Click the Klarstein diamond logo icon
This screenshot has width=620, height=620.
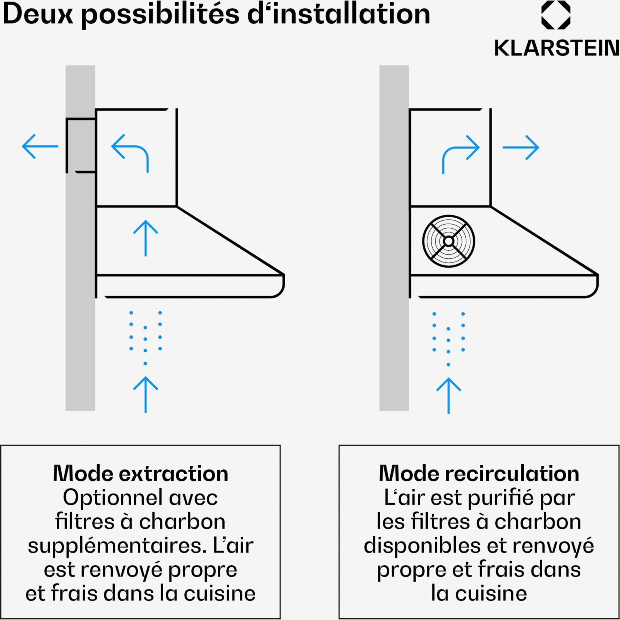(x=556, y=15)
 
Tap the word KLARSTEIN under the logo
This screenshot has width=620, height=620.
(x=557, y=48)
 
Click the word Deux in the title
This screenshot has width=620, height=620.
(x=38, y=14)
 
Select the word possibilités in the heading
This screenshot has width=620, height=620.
(x=160, y=15)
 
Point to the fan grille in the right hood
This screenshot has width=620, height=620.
(x=448, y=241)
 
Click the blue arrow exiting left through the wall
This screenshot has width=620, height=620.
(x=40, y=146)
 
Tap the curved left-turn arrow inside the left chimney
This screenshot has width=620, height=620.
(x=130, y=152)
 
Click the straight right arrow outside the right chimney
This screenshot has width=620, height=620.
(x=521, y=147)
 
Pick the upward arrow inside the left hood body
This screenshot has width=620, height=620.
(x=146, y=238)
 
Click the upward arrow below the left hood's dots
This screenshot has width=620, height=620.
(x=146, y=394)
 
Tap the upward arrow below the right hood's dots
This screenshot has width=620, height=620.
(x=448, y=396)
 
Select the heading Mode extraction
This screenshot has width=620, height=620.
(x=141, y=473)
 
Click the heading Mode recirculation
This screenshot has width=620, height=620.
(x=479, y=473)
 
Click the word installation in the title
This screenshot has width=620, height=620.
(x=351, y=14)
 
